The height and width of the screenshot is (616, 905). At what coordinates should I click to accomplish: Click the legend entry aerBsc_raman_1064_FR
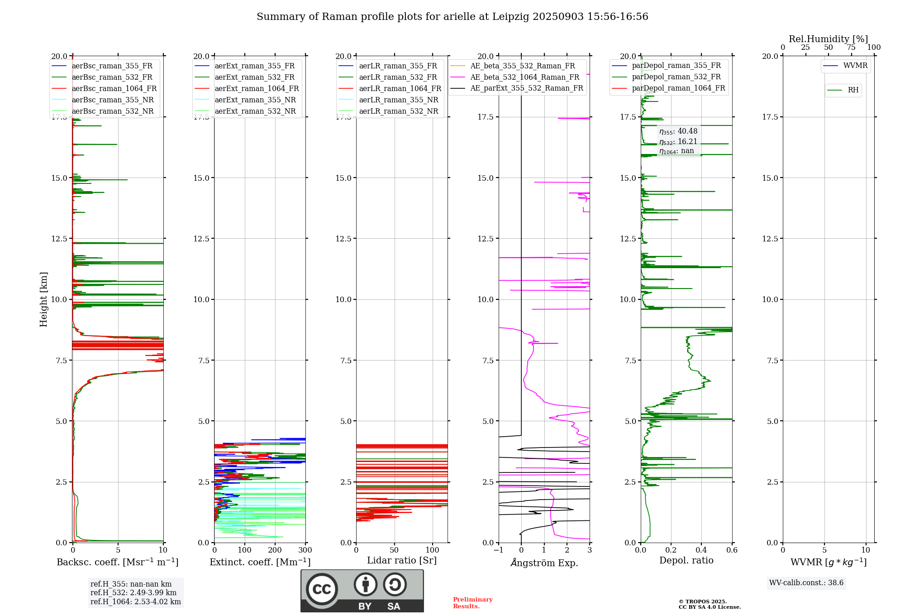coord(114,89)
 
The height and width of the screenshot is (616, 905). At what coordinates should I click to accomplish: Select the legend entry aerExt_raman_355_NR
coord(255,100)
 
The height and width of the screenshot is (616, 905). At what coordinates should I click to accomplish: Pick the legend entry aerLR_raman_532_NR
coord(398,111)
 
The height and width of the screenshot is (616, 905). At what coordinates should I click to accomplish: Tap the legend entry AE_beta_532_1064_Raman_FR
coord(524,77)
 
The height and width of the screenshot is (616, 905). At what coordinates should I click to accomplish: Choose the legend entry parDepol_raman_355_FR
coord(676,66)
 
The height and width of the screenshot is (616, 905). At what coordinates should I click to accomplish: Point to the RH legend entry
coord(853,90)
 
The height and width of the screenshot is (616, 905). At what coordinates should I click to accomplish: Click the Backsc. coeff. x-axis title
coord(118,562)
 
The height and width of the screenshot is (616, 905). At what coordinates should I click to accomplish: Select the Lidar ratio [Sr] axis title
coord(402,560)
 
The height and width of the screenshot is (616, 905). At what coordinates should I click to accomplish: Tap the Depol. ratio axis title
coord(686,560)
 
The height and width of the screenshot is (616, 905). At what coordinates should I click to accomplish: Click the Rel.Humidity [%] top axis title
coord(828,39)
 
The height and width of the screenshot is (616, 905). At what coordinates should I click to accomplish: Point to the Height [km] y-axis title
coord(43,299)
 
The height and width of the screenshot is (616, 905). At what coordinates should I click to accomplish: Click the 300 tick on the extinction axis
coord(305,550)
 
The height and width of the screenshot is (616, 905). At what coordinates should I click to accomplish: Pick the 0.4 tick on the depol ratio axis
coord(701,550)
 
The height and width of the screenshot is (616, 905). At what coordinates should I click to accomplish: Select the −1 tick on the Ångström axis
coord(498,550)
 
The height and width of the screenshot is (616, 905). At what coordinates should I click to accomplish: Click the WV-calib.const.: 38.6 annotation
coord(806,583)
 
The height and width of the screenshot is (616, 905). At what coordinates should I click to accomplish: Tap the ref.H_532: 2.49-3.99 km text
coord(133,593)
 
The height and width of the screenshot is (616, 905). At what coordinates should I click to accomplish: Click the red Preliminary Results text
coord(472,603)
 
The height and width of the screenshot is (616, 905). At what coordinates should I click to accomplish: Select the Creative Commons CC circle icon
coord(322,589)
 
